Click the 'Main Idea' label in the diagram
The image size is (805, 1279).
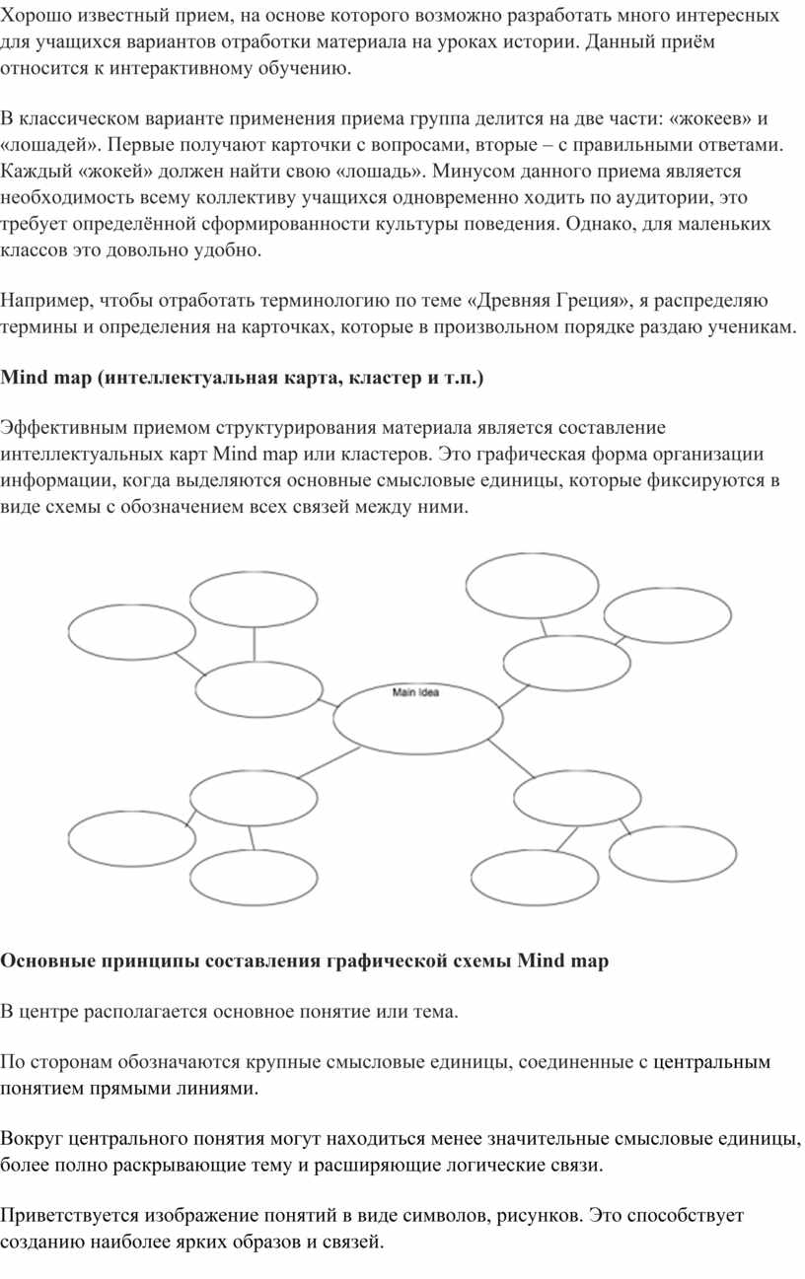pos(415,692)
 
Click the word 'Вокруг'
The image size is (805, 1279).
pos(33,1140)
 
